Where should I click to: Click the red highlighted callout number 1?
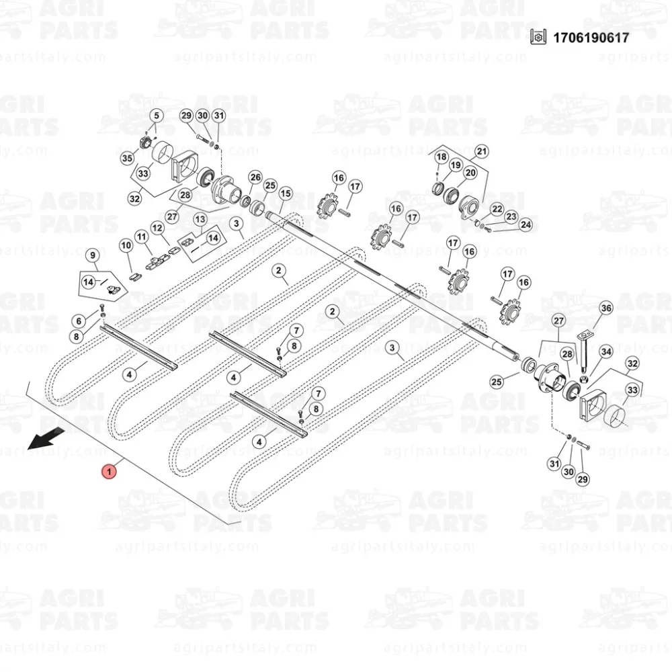click(109, 472)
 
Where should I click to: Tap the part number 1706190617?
click(591, 38)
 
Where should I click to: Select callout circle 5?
click(157, 116)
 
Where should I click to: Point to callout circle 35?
click(127, 158)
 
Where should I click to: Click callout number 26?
click(255, 177)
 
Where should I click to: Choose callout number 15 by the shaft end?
click(286, 194)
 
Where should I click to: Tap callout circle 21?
click(482, 151)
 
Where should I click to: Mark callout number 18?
click(442, 157)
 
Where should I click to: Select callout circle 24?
click(526, 224)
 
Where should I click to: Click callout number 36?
click(606, 308)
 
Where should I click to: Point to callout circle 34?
click(606, 352)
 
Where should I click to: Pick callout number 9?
click(93, 255)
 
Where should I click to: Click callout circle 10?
click(126, 245)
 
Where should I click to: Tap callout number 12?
click(157, 228)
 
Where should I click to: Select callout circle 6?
click(79, 321)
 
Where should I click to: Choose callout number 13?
click(200, 220)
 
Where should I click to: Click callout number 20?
click(470, 172)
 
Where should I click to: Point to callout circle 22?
click(497, 209)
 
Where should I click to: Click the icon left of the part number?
click(538, 37)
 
